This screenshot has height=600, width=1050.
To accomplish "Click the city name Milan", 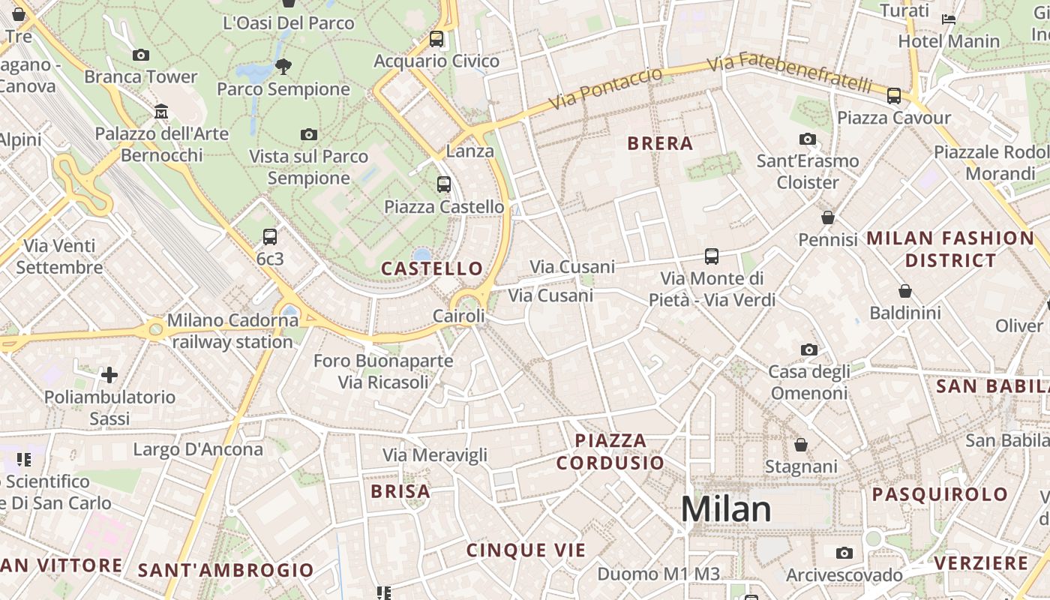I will coord(726,509).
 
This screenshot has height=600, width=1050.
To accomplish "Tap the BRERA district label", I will coord(660,143).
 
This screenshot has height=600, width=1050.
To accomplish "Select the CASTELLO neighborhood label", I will coord(432,268).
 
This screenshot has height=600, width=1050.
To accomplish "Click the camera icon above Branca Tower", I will coord(140,55).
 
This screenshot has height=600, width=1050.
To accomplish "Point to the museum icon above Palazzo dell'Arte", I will coord(161,112).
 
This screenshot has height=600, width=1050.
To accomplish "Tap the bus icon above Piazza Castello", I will coord(444,184).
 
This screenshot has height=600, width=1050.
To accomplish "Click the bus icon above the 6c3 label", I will coord(270,237).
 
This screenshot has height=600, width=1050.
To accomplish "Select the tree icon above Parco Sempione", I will coord(283,67).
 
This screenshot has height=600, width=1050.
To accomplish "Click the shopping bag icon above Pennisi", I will coord(828,217).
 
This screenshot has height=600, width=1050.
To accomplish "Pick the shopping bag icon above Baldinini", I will coord(905,291).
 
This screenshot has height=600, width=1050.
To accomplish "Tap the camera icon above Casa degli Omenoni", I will coord(808,349).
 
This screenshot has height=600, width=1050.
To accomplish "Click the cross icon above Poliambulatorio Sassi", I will coord(109,374).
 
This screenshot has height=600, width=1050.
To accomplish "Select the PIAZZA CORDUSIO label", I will coord(610,451).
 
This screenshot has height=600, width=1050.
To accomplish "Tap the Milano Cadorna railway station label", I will coord(232,331).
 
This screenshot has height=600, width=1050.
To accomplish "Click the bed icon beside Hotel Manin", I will coord(949,19).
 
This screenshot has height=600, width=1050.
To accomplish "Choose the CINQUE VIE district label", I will coord(526,550).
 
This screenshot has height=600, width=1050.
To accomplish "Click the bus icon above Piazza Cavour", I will coord(893,96).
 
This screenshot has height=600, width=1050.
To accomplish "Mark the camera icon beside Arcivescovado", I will coord(844,553).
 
